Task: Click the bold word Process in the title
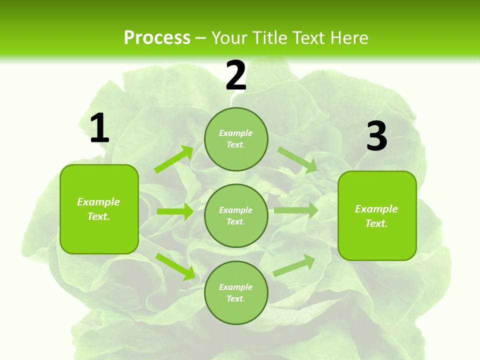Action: coord(157,37)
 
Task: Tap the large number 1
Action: coord(99,128)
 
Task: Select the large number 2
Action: coord(236,75)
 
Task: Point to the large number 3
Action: coord(376,136)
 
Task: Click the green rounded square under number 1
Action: coord(99,209)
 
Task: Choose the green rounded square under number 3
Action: coord(377,215)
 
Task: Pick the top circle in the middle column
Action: coord(236,139)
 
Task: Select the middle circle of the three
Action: coord(236,215)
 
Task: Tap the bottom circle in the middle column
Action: coord(236,292)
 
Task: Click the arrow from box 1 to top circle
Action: coord(173,159)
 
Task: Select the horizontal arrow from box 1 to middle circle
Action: coord(175,211)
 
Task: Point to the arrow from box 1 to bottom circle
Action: coord(175,266)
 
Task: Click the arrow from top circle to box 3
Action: coord(297,160)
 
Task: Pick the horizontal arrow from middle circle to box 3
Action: coord(296,210)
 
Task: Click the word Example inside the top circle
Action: coord(236,133)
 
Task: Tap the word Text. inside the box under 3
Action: coord(376,223)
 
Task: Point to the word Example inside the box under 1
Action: coord(98,202)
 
